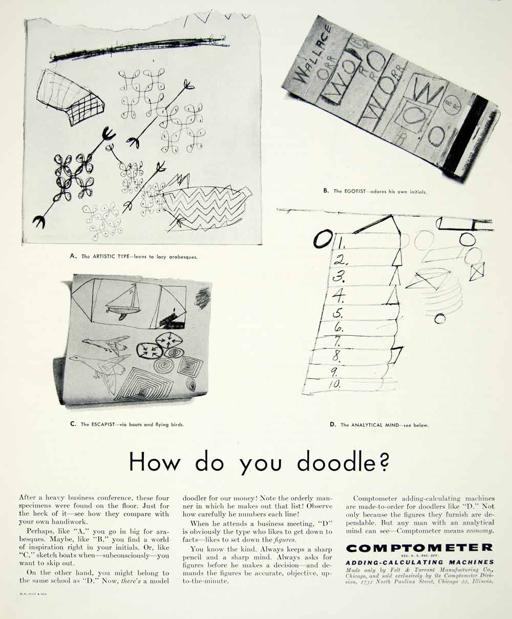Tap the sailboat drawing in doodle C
[x=124, y=305]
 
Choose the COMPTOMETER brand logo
[x=419, y=548]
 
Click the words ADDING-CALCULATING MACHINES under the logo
[x=420, y=562]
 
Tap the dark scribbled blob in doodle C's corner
[x=203, y=298]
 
